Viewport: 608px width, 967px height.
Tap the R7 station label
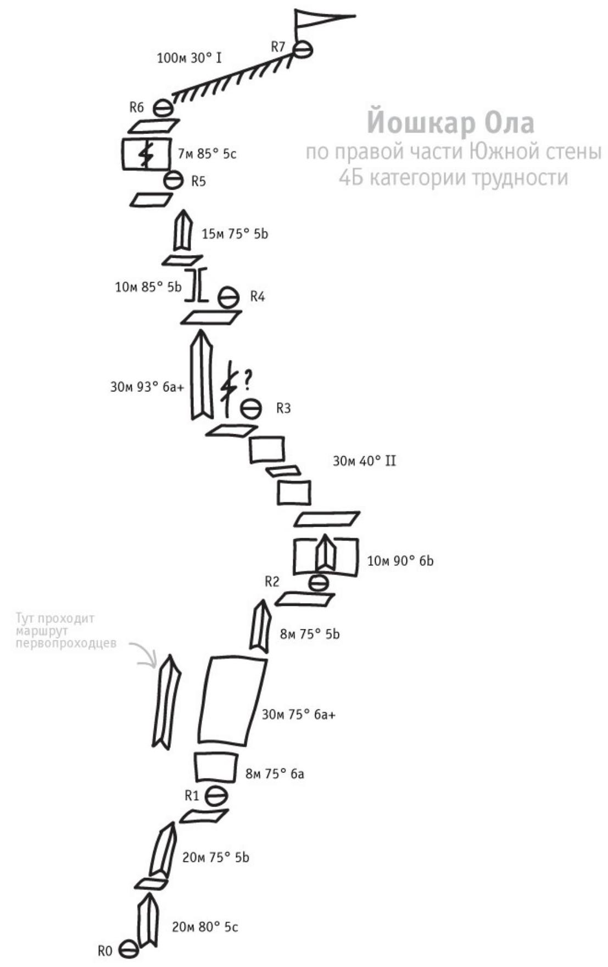[x=278, y=47]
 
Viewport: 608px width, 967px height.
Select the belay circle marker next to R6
[x=163, y=108]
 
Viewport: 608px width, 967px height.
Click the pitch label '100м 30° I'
[x=189, y=58]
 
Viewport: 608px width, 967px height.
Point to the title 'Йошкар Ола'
[x=450, y=123]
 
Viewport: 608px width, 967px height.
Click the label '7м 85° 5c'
[x=207, y=154]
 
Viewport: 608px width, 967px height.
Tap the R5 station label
[x=198, y=181]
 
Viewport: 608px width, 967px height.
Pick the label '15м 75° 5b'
[x=235, y=234]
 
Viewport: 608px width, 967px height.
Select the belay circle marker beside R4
[x=228, y=297]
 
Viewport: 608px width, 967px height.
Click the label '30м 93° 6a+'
[x=147, y=387]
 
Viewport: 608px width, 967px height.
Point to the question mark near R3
[x=248, y=378]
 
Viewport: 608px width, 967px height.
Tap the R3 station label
[x=283, y=408]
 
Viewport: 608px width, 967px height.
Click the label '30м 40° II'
[x=364, y=461]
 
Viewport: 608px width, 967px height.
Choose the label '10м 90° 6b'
[x=400, y=561]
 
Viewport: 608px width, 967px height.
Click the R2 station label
[x=272, y=582]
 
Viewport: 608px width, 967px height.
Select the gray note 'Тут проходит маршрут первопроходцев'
[x=66, y=630]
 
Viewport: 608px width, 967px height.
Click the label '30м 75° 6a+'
[x=298, y=715]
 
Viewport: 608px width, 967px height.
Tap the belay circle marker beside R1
[x=216, y=795]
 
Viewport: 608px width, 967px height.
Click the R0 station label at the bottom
[x=105, y=951]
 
